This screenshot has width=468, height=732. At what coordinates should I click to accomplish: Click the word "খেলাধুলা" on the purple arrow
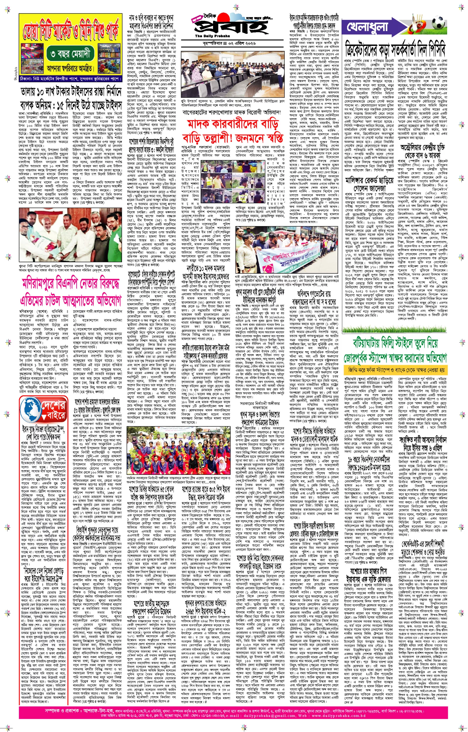click(367, 27)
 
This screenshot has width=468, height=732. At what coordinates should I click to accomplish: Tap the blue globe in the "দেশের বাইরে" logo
click(30, 409)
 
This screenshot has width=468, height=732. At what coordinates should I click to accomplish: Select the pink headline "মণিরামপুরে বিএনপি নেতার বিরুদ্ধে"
click(70, 284)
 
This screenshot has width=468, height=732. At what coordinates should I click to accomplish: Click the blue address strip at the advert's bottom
click(70, 79)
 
